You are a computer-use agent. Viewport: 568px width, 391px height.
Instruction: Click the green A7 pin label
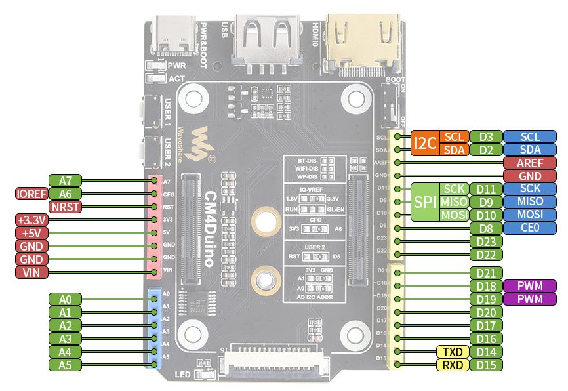click(65, 180)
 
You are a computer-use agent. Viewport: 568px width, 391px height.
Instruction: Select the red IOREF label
click(31, 193)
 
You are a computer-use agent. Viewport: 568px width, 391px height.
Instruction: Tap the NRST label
click(66, 206)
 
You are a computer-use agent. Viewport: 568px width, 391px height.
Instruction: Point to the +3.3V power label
click(31, 219)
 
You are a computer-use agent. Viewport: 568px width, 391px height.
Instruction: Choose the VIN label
click(31, 272)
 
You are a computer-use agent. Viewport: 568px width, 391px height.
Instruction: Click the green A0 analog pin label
click(65, 299)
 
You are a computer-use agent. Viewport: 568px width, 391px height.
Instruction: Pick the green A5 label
click(65, 365)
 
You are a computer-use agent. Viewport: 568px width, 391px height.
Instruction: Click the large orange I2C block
click(424, 143)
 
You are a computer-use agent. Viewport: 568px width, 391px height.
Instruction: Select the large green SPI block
click(424, 201)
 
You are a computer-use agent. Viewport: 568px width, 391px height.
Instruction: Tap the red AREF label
click(529, 163)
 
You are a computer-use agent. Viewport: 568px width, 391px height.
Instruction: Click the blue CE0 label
click(529, 228)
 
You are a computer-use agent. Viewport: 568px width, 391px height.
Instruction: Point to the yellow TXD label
click(452, 352)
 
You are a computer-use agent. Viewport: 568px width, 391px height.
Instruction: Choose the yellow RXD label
click(452, 365)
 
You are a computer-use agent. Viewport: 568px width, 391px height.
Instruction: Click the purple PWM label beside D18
click(529, 286)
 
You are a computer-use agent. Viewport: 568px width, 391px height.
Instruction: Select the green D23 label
click(486, 241)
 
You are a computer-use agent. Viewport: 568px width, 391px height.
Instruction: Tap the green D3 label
click(486, 136)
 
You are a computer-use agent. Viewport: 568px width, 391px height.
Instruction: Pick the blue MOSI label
click(529, 215)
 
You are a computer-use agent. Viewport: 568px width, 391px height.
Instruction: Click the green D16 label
click(486, 339)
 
